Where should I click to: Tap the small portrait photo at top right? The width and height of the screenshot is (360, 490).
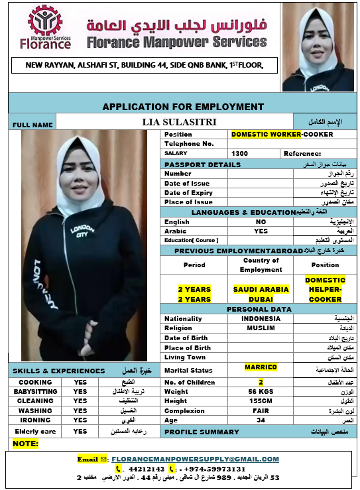[318, 47]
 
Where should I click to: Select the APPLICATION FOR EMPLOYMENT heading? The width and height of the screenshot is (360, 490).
[183, 106]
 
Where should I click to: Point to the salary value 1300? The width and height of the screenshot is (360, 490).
[240, 153]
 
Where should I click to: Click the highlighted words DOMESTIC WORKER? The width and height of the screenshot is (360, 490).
[265, 134]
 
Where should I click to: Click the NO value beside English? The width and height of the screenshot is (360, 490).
[261, 221]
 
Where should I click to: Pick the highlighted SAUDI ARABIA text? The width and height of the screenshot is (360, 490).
[261, 289]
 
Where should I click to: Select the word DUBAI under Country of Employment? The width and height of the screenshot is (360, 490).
[261, 299]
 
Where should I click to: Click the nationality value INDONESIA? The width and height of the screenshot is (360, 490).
[261, 318]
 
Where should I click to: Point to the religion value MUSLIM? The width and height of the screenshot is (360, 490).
[261, 328]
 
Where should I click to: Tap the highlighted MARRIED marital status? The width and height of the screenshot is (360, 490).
[261, 367]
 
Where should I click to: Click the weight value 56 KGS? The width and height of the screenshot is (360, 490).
[261, 392]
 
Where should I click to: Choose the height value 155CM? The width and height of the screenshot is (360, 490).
[261, 401]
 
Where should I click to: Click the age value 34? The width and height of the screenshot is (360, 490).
[261, 420]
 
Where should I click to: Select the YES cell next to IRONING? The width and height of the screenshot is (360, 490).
[80, 420]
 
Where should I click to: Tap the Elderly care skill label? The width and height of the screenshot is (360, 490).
[34, 431]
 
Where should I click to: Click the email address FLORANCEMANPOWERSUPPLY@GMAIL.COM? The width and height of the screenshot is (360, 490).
[195, 459]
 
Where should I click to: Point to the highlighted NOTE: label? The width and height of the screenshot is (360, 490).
[26, 443]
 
